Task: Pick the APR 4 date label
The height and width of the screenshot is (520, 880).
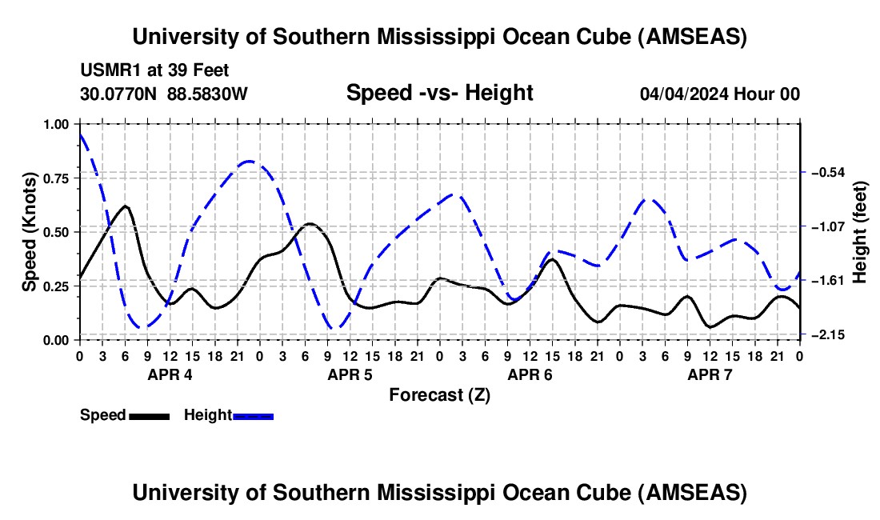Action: tap(170, 374)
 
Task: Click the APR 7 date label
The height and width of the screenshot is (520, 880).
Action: tap(710, 374)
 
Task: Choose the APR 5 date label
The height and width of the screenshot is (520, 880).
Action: tap(350, 374)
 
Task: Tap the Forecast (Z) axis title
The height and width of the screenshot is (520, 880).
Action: tap(439, 394)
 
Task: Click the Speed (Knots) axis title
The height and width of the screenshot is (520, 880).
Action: tap(30, 232)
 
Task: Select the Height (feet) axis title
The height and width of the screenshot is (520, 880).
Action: tap(861, 232)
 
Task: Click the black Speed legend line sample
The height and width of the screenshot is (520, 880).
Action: tap(148, 416)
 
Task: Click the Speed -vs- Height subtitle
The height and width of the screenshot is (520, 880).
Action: tap(439, 93)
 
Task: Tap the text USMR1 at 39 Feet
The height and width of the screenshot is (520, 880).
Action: tap(155, 70)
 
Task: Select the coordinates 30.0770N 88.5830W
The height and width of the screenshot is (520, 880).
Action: tap(164, 94)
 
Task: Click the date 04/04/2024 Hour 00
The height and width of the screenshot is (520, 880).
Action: tap(719, 94)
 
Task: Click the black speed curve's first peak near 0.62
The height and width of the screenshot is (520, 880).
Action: tap(125, 206)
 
